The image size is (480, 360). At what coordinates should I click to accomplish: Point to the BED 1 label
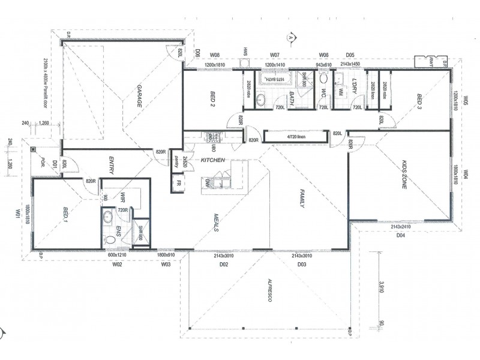pyautogui.click(x=67, y=214)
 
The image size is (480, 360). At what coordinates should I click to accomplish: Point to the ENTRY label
pyautogui.click(x=111, y=165)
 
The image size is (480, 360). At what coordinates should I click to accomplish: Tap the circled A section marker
pyautogui.click(x=292, y=37)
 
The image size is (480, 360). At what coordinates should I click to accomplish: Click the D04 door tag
pyautogui.click(x=400, y=235)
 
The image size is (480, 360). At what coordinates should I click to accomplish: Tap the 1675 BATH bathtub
pyautogui.click(x=277, y=79)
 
